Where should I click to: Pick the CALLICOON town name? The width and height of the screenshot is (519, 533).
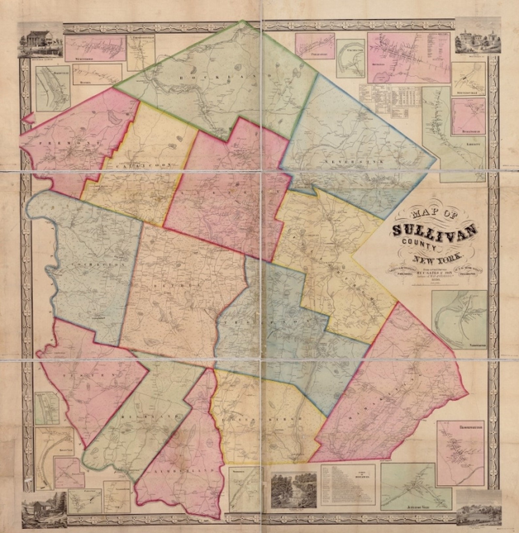tap(144, 165)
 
